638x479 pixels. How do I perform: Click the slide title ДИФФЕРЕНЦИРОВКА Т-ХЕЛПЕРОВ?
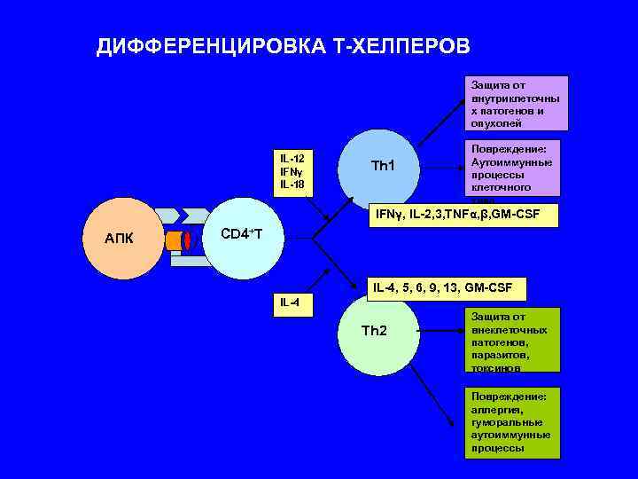coord(284,47)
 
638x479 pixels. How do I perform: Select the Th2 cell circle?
coord(376,335)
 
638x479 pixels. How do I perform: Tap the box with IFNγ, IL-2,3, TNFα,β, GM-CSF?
coord(466,214)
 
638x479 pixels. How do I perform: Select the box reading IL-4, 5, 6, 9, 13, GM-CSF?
coord(447,287)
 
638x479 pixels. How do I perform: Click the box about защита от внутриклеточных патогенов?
coord(514,105)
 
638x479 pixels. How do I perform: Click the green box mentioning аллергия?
coord(514,422)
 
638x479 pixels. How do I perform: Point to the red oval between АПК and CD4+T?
coord(186,240)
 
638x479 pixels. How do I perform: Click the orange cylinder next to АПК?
coord(173,240)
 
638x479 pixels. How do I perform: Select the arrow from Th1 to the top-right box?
coord(440,115)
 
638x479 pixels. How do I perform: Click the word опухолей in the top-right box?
coord(496,123)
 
